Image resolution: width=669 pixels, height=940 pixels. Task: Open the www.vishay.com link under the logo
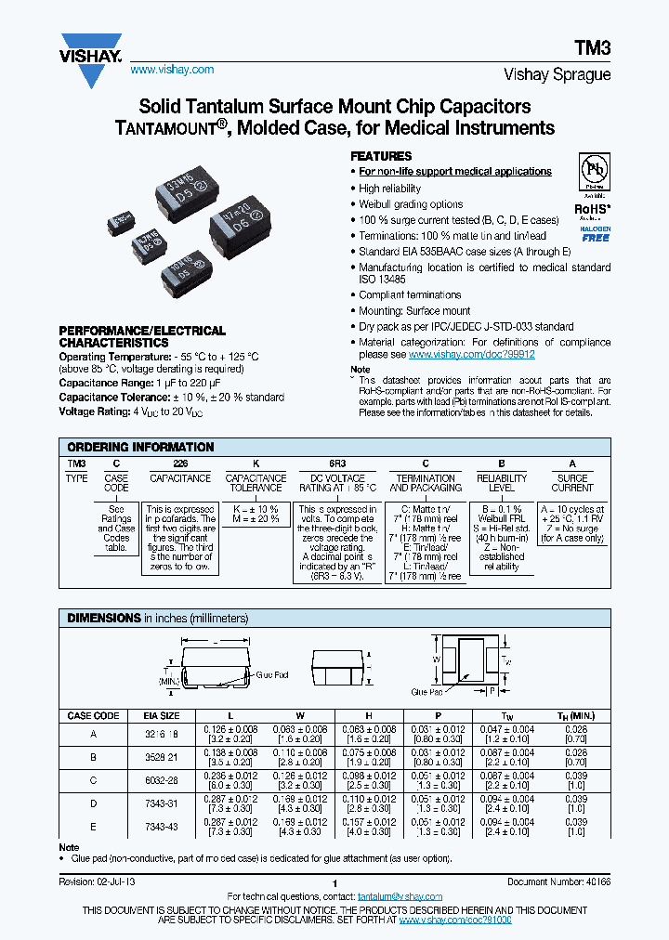[172, 70]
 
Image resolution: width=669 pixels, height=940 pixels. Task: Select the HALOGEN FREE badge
[596, 233]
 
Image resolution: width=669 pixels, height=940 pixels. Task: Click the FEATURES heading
[380, 156]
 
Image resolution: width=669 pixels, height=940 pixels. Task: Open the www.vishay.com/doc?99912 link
[471, 355]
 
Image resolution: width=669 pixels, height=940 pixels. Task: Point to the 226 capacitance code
[180, 463]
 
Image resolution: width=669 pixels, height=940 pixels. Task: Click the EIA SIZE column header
[164, 716]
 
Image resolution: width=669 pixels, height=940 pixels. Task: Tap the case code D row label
[93, 801]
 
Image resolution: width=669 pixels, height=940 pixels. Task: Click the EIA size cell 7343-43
[164, 826]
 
